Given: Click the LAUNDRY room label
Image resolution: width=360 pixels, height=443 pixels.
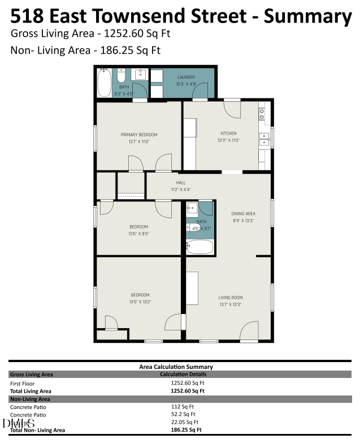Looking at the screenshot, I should click(x=186, y=77).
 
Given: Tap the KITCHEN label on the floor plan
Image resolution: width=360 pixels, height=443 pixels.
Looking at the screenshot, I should click(x=228, y=134).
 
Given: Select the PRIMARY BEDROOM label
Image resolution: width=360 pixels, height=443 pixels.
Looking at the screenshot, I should click(x=138, y=135).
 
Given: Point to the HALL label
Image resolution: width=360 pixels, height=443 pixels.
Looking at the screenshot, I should click(x=181, y=183).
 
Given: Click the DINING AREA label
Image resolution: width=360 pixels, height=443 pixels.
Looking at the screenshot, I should click(x=244, y=213).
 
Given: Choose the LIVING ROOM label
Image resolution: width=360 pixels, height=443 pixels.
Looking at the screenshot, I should click(x=230, y=297).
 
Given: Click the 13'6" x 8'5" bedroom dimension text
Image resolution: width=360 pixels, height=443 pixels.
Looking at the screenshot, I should click(x=138, y=233).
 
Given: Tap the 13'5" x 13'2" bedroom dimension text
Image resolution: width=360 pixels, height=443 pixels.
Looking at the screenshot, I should click(x=140, y=302).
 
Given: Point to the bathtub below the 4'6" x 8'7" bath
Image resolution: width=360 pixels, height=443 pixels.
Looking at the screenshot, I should click(x=200, y=247).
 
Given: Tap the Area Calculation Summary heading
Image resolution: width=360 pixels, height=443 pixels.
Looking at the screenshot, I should click(x=176, y=367).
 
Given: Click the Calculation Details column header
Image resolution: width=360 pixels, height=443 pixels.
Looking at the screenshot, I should click(x=183, y=374).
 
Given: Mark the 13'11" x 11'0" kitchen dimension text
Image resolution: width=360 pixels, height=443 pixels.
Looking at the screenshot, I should click(x=228, y=140).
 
